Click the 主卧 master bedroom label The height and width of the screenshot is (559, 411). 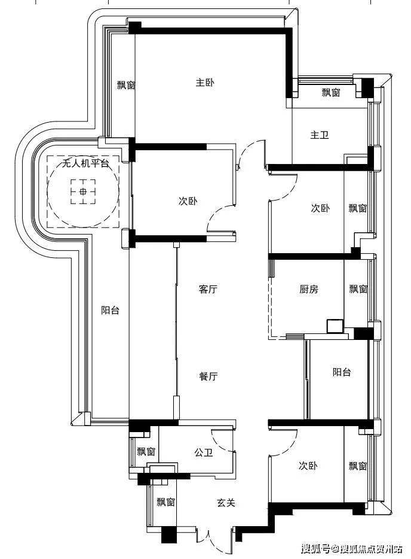pos(205,83)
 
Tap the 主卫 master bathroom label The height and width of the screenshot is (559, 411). pos(320,135)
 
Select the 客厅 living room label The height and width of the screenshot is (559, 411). pos(208,288)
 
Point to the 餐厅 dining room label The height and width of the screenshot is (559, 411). pos(208,376)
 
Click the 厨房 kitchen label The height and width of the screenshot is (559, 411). pos(308,288)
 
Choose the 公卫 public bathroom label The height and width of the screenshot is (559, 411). pos(204,452)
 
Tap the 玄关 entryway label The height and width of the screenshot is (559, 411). pos(226,503)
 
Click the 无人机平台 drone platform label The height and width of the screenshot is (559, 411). pos(85,163)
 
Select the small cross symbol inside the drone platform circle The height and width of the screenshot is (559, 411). pos(83,192)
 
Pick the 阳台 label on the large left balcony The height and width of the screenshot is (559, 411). pos(111,310)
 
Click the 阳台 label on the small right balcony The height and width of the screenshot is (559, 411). pos(342,372)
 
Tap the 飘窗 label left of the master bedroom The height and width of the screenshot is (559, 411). pos(126,85)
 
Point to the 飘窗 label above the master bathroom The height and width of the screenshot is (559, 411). pos(331,93)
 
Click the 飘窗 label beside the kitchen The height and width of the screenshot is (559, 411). pos(358,288)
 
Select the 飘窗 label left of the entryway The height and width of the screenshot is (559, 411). pos(166,502)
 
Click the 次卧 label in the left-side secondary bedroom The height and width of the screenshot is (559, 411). pos(188,201)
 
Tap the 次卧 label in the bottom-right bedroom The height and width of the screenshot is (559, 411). pos(308,466)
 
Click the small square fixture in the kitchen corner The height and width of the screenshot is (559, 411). pos(335,326)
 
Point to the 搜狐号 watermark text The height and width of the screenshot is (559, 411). pos(315,548)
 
